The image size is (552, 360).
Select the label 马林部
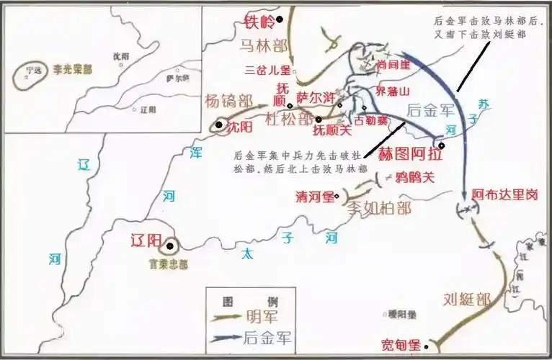(264, 48)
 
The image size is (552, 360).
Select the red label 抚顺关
(331, 131)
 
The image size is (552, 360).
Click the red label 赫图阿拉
(411, 153)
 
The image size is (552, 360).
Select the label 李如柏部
(379, 208)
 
